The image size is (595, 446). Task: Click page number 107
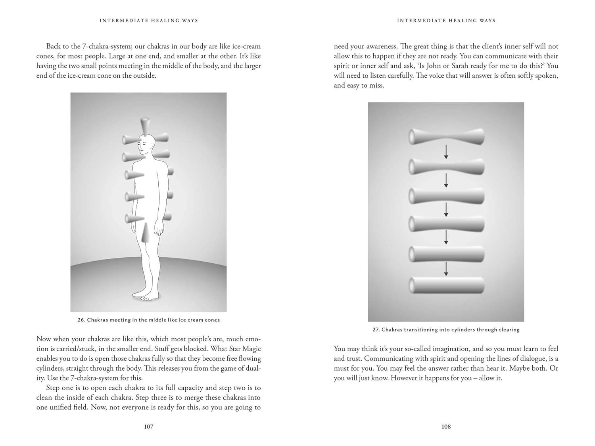coord(148,427)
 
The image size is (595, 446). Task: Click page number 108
coord(446,427)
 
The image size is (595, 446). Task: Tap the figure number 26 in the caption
coord(81,320)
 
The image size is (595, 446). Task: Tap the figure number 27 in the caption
coord(376,330)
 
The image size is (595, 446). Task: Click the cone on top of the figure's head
coord(145,125)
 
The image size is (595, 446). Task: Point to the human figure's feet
coord(145,295)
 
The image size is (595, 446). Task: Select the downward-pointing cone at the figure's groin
coord(146,232)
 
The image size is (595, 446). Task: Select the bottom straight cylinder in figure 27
coord(446,285)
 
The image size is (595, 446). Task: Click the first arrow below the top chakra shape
coord(446,152)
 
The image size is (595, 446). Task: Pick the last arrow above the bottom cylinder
coord(446,269)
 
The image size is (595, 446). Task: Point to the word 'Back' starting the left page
coord(54,46)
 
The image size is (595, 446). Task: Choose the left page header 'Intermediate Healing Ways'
coord(149,21)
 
